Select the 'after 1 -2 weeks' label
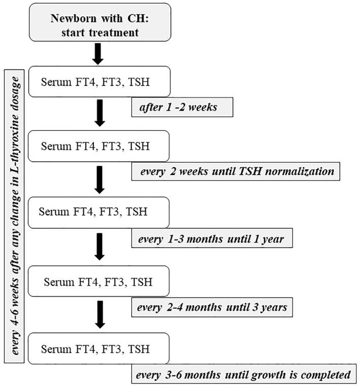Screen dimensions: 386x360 tap(182, 108)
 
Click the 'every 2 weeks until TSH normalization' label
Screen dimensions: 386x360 tap(235, 171)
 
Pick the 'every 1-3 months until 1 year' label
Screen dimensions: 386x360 tap(212, 238)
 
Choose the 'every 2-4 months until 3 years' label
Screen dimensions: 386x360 tap(212, 307)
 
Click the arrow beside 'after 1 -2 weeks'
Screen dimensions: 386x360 tap(100, 113)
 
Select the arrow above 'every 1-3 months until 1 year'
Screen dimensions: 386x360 tap(100, 180)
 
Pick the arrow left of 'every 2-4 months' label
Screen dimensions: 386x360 tap(100, 314)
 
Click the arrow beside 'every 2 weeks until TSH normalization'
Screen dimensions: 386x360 tap(100, 180)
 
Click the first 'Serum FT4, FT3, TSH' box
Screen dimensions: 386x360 tap(99, 82)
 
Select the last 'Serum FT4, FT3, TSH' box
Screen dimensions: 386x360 tap(99, 349)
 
